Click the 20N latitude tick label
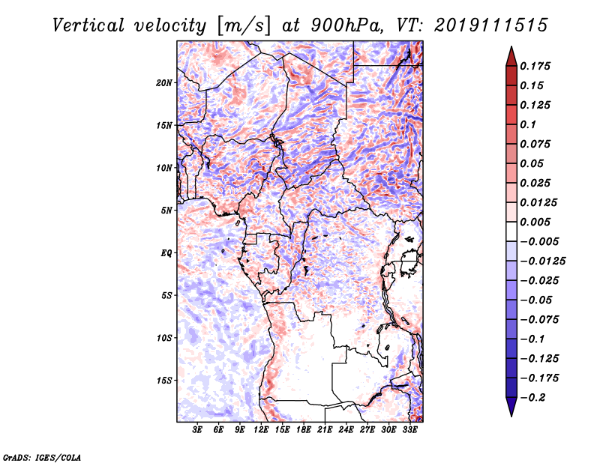[164, 82]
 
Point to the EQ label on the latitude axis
[166, 253]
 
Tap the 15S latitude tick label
[164, 381]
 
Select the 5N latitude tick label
[166, 211]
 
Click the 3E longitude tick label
[198, 431]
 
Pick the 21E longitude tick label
[325, 431]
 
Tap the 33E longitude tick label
[409, 431]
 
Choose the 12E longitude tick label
[262, 431]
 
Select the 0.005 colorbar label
[536, 222]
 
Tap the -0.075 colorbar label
[539, 319]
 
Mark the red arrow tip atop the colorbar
[510, 50]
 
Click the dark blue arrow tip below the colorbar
[510, 413]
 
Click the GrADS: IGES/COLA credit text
[41, 456]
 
